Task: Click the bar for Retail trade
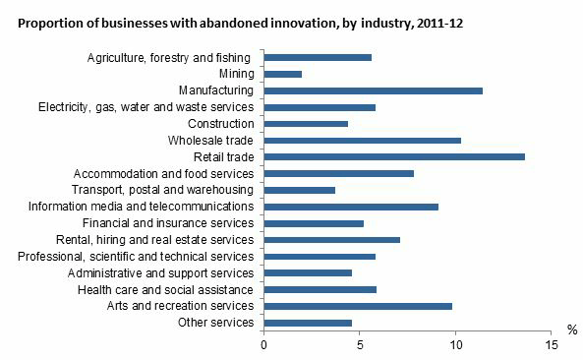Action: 394,156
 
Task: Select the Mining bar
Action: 283,74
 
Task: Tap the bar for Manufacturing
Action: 374,90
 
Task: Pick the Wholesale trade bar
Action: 363,141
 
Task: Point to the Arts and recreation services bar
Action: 358,306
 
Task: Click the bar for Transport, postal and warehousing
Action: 300,190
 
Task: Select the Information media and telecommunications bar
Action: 351,207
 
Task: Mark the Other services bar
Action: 308,323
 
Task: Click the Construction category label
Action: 220,124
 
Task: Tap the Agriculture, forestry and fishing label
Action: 169,57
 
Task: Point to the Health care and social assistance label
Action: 166,289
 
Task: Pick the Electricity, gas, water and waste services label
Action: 146,107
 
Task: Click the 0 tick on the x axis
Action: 263,345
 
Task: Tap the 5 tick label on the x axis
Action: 360,345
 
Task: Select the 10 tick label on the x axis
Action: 456,345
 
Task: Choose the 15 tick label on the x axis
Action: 552,345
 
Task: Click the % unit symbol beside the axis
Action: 571,330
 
